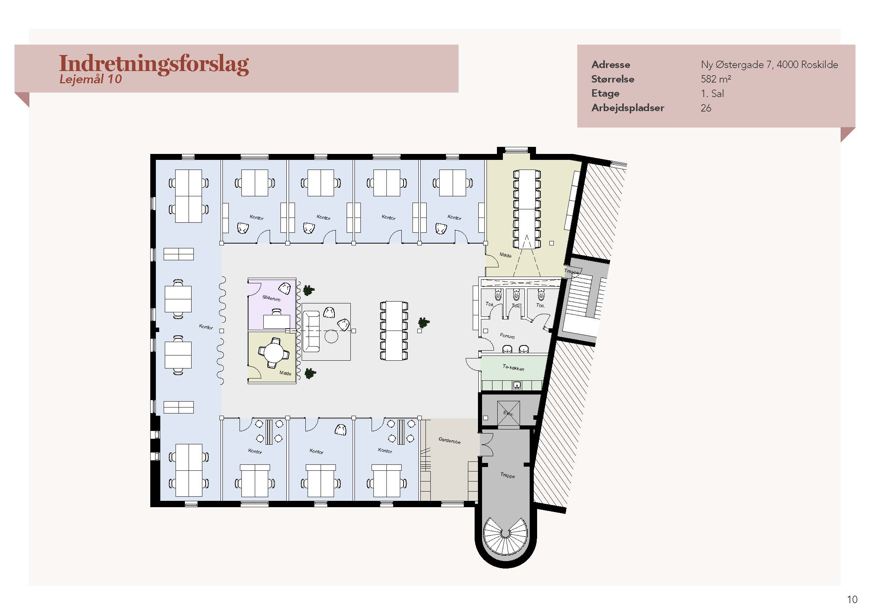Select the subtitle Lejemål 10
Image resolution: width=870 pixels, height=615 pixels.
pyautogui.click(x=90, y=79)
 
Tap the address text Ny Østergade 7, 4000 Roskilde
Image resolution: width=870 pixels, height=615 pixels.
pyautogui.click(x=769, y=65)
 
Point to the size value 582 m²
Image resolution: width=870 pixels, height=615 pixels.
pyautogui.click(x=715, y=79)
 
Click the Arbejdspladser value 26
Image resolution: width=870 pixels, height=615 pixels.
pyautogui.click(x=706, y=108)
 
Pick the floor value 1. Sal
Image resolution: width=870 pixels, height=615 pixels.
pyautogui.click(x=712, y=94)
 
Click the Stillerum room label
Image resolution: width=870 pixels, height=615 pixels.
pyautogui.click(x=271, y=298)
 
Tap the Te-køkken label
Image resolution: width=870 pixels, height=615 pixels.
pyautogui.click(x=513, y=367)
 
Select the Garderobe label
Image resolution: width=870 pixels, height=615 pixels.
pyautogui.click(x=449, y=440)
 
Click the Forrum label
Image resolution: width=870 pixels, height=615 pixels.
pyautogui.click(x=507, y=336)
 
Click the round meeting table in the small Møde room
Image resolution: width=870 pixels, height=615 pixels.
pyautogui.click(x=274, y=352)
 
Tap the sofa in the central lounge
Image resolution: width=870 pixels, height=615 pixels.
pyautogui.click(x=311, y=331)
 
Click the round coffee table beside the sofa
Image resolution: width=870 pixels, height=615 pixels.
pyautogui.click(x=331, y=336)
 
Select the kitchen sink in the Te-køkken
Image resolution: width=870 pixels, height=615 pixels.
pyautogui.click(x=517, y=386)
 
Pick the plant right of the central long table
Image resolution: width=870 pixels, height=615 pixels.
pyautogui.click(x=424, y=323)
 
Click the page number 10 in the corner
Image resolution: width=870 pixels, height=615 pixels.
pyautogui.click(x=852, y=599)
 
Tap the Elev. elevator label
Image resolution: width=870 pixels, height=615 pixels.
pyautogui.click(x=508, y=413)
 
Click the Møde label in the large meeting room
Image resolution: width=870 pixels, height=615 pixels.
pyautogui.click(x=505, y=255)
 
